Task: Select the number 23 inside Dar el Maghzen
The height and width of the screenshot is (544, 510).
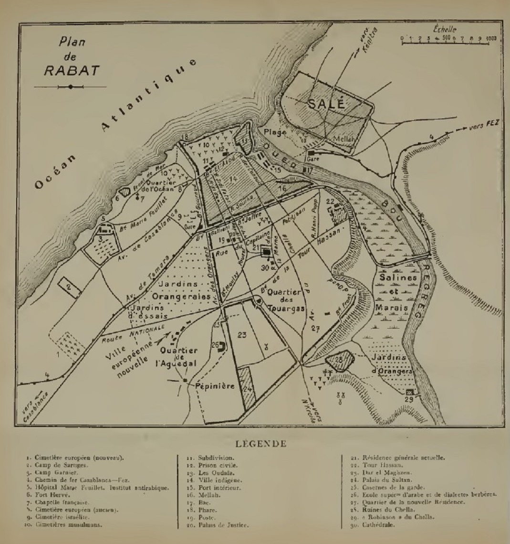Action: pyautogui.click(x=242, y=335)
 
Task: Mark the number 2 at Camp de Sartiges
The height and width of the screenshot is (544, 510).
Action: pyautogui.click(x=69, y=287)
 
